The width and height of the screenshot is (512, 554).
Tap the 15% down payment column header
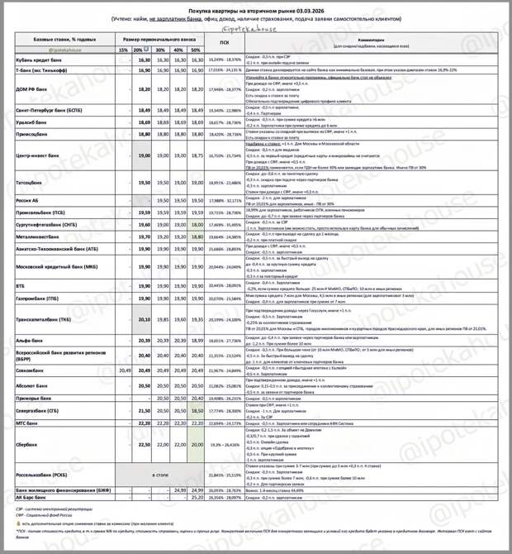tap(123, 50)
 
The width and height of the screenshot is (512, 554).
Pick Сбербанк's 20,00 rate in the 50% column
tap(197, 444)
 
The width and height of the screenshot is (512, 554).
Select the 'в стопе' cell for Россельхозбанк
tap(160, 475)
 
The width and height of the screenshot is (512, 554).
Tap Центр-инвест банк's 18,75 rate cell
tap(197, 155)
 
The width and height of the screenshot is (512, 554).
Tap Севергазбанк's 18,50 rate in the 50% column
tap(197, 410)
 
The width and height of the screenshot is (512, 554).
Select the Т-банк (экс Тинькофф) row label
tap(45, 72)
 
